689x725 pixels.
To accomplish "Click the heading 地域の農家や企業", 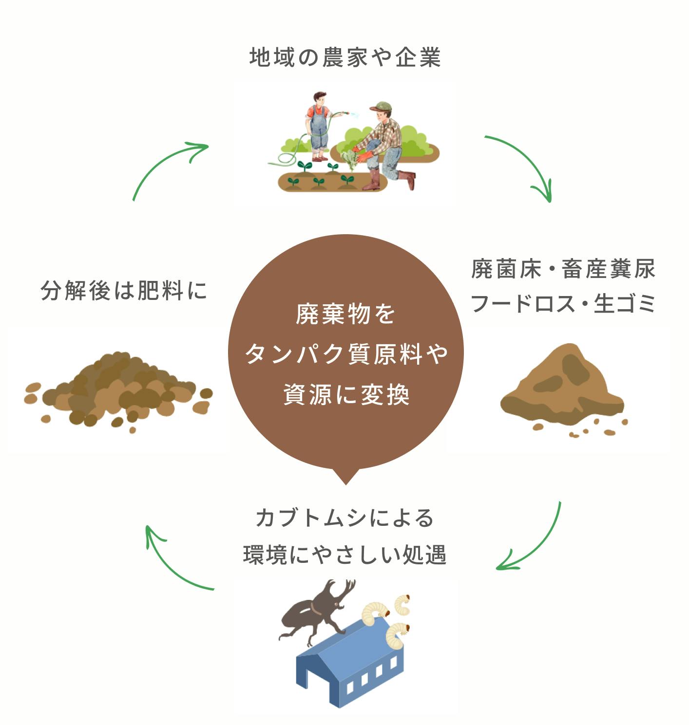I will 344,57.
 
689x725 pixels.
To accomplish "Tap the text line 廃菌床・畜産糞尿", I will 563,269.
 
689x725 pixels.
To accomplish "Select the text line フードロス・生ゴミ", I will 563,304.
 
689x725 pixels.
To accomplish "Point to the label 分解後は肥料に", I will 124,291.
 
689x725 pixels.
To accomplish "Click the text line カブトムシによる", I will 344,518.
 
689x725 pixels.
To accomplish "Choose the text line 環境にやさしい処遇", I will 344,555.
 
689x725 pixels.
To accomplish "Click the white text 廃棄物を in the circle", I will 345,314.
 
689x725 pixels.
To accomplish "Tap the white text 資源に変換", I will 346,394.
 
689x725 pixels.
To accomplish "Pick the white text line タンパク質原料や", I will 346,354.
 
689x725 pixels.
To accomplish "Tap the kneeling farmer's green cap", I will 381,106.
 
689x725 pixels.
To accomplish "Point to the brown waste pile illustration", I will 563,387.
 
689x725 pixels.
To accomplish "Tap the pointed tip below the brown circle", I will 345,480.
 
